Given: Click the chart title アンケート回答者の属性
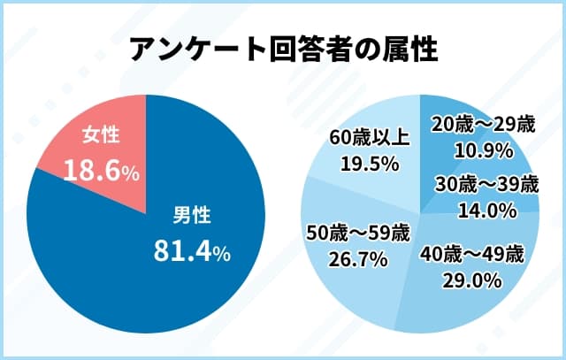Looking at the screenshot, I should pos(283,49).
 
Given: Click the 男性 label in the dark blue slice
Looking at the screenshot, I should pos(191,216).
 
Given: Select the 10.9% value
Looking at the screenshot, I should pos(483,151).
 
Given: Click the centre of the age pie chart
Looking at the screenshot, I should pos(420,212).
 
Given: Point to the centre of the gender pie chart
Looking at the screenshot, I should pos(146,212).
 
